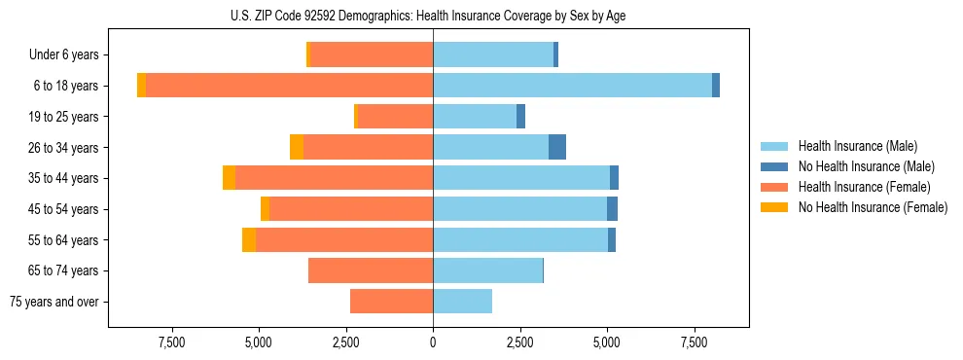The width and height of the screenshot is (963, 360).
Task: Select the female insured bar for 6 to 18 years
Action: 289,86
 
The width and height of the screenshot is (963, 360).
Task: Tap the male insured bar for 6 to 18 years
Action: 572,86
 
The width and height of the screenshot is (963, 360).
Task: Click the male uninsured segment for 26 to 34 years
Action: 557,147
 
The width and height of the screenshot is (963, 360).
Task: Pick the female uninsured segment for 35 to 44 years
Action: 229,178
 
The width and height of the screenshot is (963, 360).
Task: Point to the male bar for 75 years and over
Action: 462,302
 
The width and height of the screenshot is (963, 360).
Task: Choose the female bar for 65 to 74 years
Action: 371,270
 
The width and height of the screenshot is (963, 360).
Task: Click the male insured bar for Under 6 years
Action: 493,54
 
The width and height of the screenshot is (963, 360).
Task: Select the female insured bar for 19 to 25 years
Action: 395,117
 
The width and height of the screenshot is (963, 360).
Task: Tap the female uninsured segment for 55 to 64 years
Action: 249,239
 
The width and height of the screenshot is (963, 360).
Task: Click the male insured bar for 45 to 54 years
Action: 519,209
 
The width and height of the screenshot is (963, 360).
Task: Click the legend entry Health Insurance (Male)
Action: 857,146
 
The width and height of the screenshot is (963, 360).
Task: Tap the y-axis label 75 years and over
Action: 54,302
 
